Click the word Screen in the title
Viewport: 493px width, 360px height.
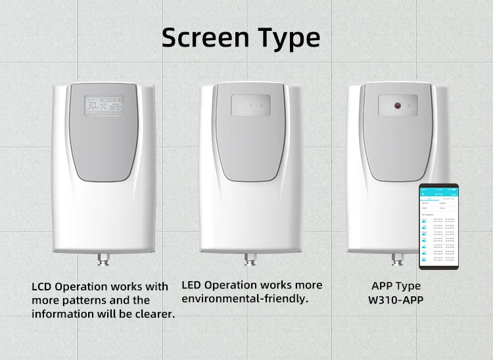pyautogui.click(x=202, y=38)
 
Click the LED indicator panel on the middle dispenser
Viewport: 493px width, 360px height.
pyautogui.click(x=250, y=105)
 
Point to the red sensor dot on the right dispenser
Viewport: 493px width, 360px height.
pyautogui.click(x=398, y=105)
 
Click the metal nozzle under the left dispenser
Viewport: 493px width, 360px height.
pyautogui.click(x=103, y=258)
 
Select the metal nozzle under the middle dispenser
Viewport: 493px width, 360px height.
pyautogui.click(x=250, y=258)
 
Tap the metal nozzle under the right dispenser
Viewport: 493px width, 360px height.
pyautogui.click(x=396, y=258)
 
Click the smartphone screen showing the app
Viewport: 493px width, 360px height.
pyautogui.click(x=439, y=227)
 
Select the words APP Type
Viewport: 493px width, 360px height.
pyautogui.click(x=396, y=286)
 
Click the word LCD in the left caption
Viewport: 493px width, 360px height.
pyautogui.click(x=42, y=287)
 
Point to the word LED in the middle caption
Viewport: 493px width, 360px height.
pyautogui.click(x=192, y=285)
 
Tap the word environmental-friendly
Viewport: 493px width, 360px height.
pyautogui.click(x=244, y=298)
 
